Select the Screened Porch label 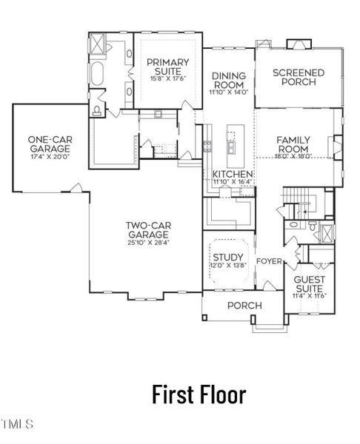[x=299, y=77]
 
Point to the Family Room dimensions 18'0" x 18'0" [x=293, y=156]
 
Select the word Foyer [x=269, y=261]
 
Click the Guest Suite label [x=310, y=284]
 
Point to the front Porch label [x=244, y=305]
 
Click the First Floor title [x=199, y=394]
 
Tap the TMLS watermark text [x=18, y=425]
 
